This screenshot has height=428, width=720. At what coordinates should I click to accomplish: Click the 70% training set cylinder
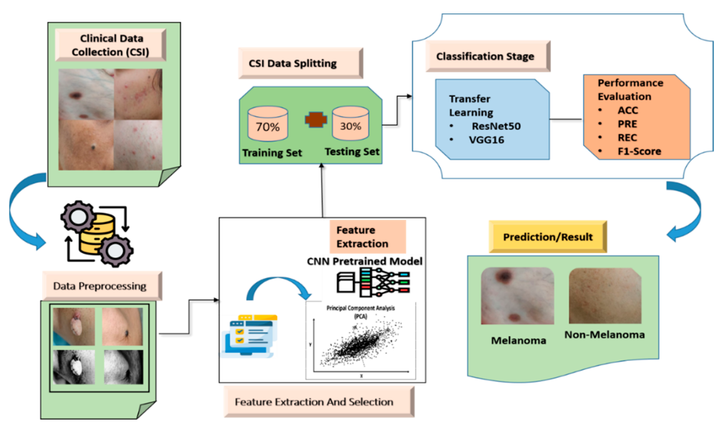pos(268,124)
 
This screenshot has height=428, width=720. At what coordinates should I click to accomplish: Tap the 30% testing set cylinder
pos(350,123)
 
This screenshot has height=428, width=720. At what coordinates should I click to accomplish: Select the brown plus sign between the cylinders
pos(316,119)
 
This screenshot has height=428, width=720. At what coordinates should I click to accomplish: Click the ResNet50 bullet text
pos(496,126)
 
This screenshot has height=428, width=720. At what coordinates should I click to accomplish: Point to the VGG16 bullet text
pos(487,140)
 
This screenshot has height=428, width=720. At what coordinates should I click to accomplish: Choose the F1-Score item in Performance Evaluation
pos(639,151)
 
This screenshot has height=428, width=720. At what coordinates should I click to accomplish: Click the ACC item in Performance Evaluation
pos(628,110)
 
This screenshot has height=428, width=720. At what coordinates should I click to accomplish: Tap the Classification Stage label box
pos(488,56)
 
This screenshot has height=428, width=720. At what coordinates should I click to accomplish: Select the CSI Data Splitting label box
pos(300,63)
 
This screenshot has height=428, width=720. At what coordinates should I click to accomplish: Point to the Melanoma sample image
pos(518,296)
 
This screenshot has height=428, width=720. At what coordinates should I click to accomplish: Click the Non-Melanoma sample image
pos(605,296)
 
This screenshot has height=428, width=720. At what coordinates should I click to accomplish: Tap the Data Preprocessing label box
pos(102,286)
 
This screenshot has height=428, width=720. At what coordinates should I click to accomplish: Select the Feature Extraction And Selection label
pos(319,402)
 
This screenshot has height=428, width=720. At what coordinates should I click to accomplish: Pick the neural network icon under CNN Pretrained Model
pos(373,283)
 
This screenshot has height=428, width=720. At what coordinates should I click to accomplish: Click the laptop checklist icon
pos(249,336)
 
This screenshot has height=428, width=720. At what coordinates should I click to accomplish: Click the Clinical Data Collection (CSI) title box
pos(111,45)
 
